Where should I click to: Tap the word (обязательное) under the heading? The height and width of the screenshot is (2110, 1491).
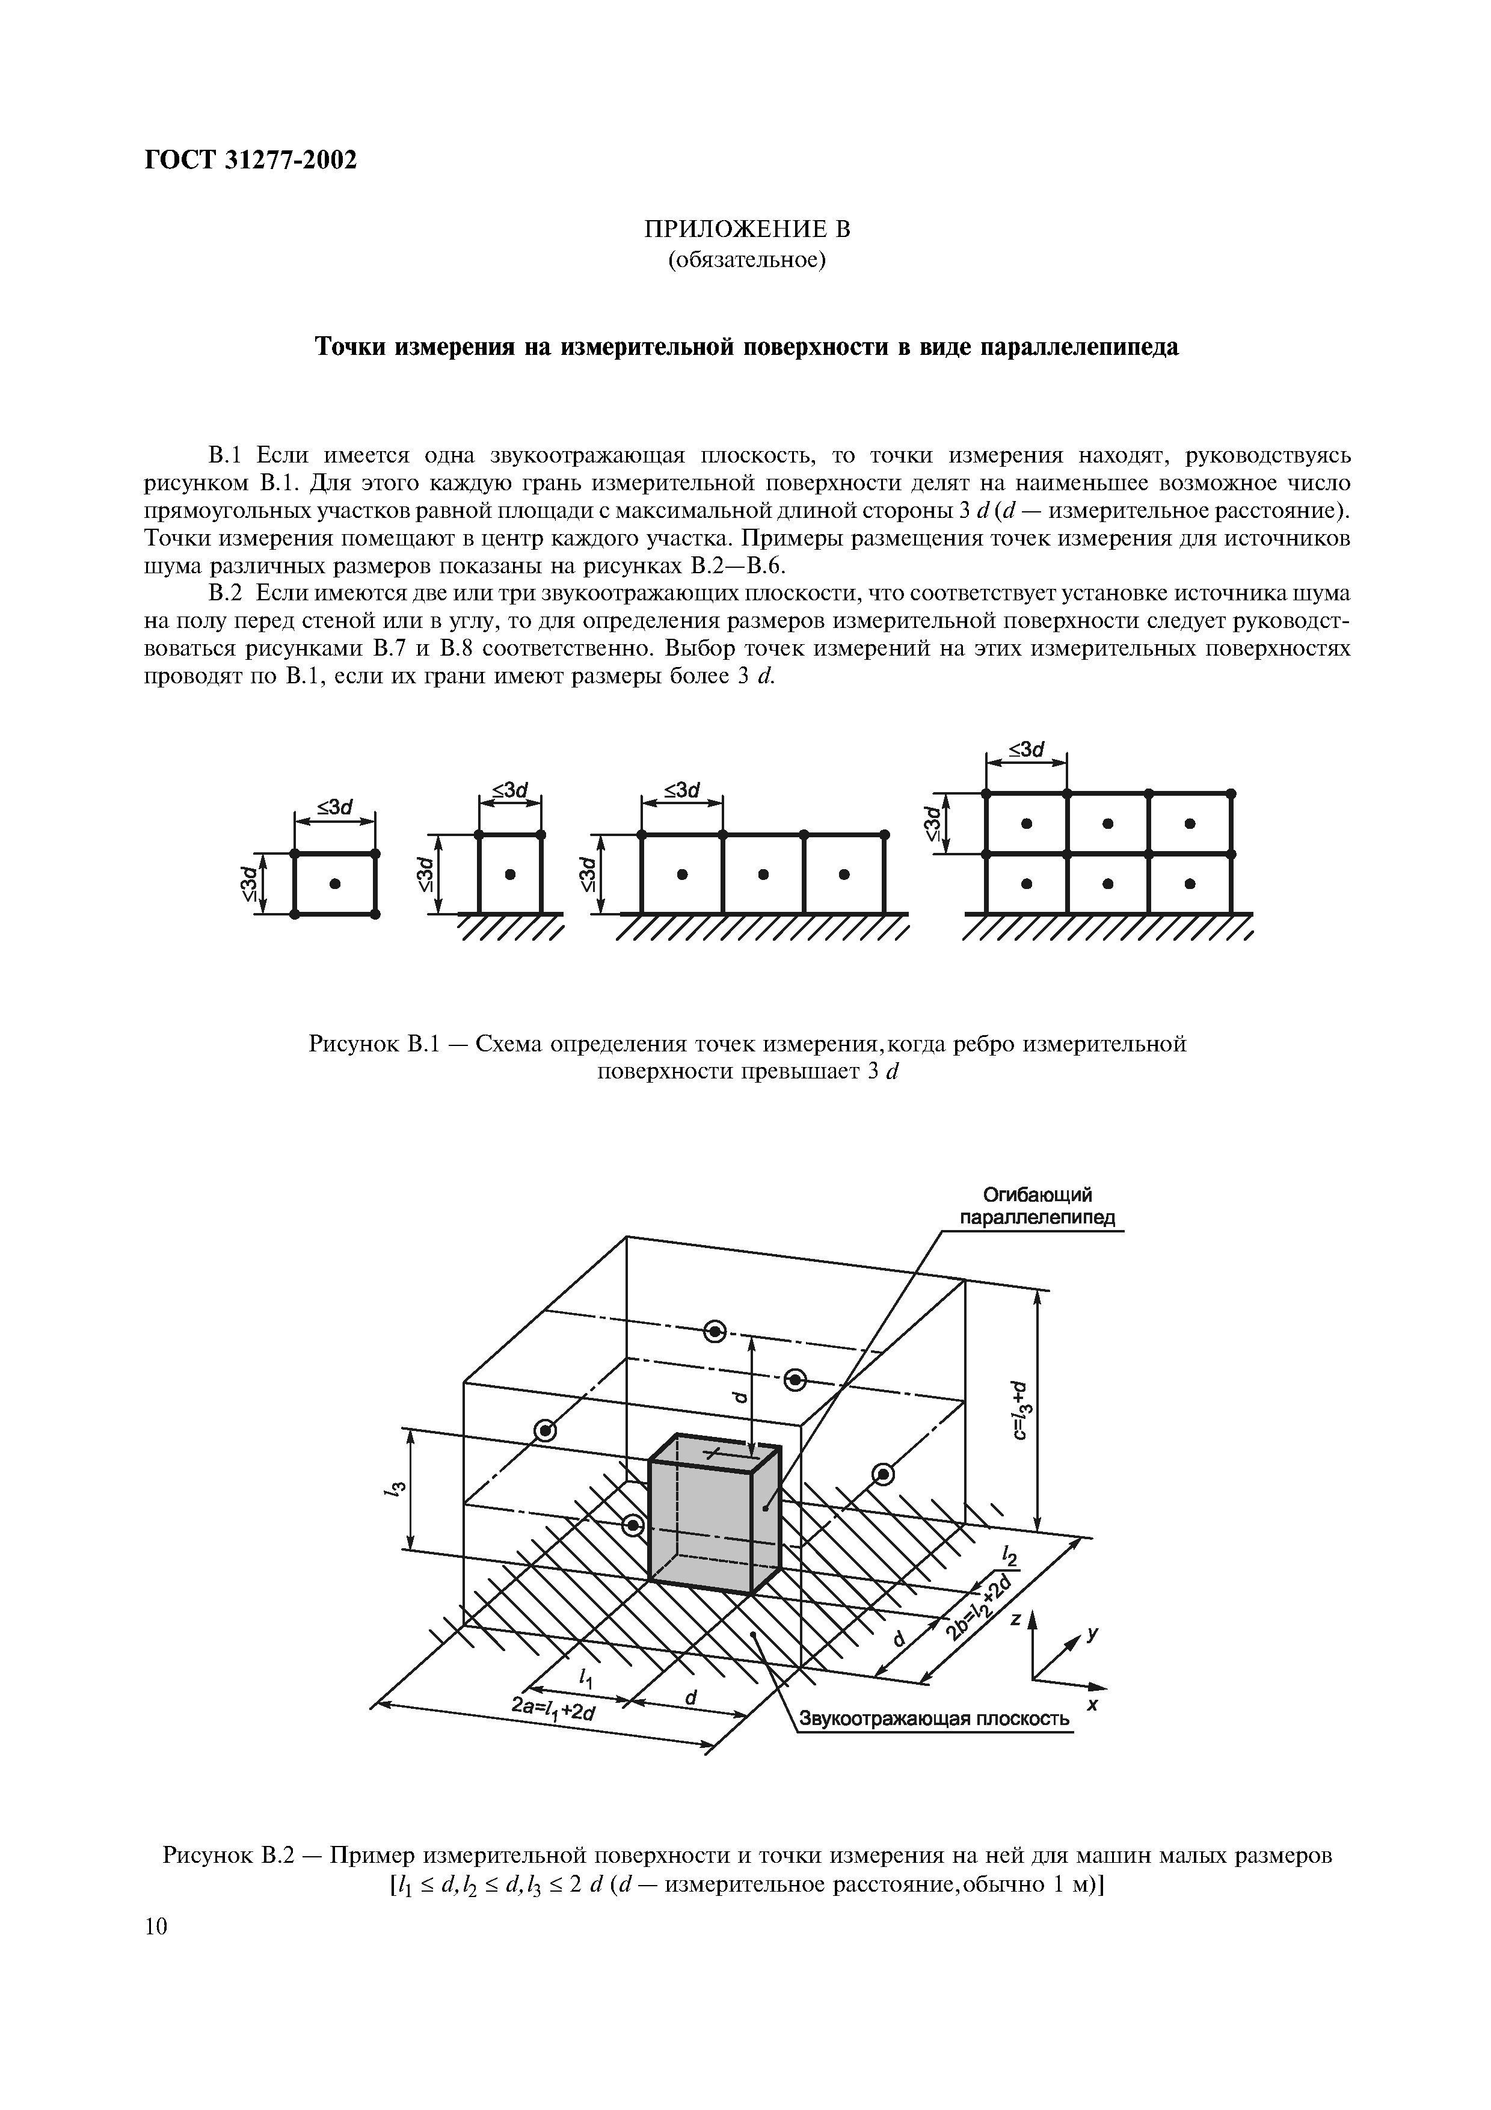(x=746, y=261)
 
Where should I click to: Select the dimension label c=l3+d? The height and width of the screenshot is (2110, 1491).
(x=1017, y=1412)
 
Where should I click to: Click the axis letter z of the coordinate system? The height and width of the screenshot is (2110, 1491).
(x=1016, y=1620)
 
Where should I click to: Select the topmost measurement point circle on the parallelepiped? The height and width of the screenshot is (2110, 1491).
(x=715, y=1330)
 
